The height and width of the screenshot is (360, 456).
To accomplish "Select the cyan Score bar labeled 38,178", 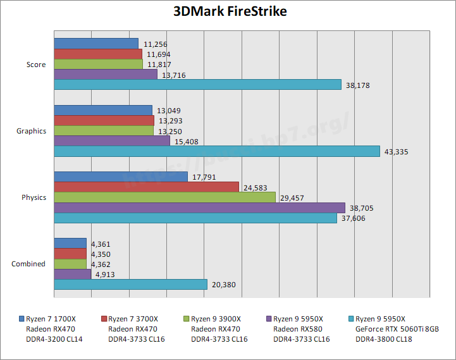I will (197, 85).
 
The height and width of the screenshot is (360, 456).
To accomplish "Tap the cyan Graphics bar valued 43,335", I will (217, 151).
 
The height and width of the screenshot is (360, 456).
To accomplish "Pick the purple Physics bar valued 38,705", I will (199, 208).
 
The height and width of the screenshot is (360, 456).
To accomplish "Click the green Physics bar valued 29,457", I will (164, 197).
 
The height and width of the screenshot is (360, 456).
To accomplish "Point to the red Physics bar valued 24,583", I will (146, 187).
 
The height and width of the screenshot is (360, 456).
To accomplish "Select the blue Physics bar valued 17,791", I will (121, 177).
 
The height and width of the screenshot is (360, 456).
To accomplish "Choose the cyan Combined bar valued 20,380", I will (130, 285).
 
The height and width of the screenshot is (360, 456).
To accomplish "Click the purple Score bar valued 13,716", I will (106, 75).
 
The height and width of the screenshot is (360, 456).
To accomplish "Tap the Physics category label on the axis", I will (34, 197).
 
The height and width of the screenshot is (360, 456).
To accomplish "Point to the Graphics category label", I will (32, 131).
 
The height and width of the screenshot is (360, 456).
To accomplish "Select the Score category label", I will (36, 65).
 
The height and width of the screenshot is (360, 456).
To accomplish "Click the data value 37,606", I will (352, 218).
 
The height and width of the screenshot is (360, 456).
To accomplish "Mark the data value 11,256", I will (156, 44).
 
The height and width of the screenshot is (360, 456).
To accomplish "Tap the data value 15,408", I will (185, 141).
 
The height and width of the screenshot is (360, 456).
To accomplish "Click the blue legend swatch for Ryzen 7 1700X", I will (22, 319).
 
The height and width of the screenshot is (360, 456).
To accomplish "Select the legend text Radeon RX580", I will (297, 329).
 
